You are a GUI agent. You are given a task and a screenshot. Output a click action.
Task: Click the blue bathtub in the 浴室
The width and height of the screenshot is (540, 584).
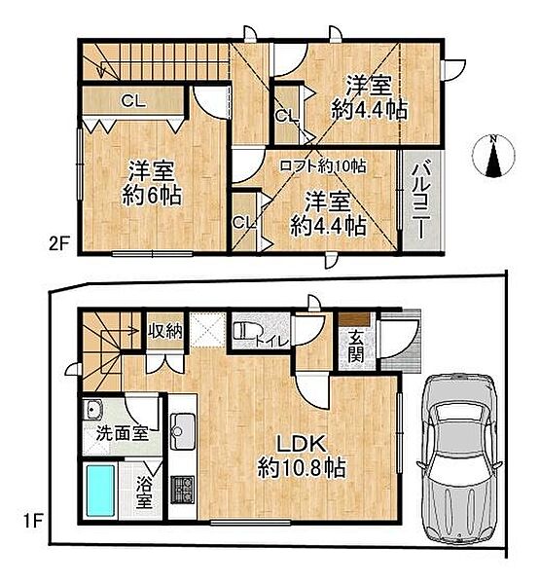pos(100,491)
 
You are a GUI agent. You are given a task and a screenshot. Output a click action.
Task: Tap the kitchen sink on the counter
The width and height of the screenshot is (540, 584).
pos(183,431)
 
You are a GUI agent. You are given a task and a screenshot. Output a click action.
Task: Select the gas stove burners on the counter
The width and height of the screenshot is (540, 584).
pos(183,490)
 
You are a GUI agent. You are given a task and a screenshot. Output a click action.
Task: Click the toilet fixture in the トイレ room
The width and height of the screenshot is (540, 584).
pos(244,332)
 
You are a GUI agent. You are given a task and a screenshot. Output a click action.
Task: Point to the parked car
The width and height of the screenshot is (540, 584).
pos(459,456)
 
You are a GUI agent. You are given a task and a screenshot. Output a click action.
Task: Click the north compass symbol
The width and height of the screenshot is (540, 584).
pos(493,156)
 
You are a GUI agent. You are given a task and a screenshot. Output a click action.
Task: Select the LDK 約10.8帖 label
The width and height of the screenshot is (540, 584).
pos(302,456)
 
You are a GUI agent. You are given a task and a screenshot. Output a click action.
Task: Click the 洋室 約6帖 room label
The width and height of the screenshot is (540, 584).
pos(152,183)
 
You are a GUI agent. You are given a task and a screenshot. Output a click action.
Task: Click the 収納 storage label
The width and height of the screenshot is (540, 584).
pos(165,331)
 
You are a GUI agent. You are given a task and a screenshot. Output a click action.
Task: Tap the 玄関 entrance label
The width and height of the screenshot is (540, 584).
pos(356,347)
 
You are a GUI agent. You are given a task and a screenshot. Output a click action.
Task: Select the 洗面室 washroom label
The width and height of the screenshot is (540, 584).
pos(123,433)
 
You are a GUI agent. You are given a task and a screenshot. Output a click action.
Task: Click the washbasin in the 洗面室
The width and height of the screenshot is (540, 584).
pos(92,410)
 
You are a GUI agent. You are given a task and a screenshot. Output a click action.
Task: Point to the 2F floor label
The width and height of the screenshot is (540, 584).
pos(59,244)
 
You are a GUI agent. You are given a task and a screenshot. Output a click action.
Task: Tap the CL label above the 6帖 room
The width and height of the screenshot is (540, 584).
pos(133,101)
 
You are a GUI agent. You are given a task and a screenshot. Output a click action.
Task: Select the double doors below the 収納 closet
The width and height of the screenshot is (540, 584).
pos(165,363)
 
